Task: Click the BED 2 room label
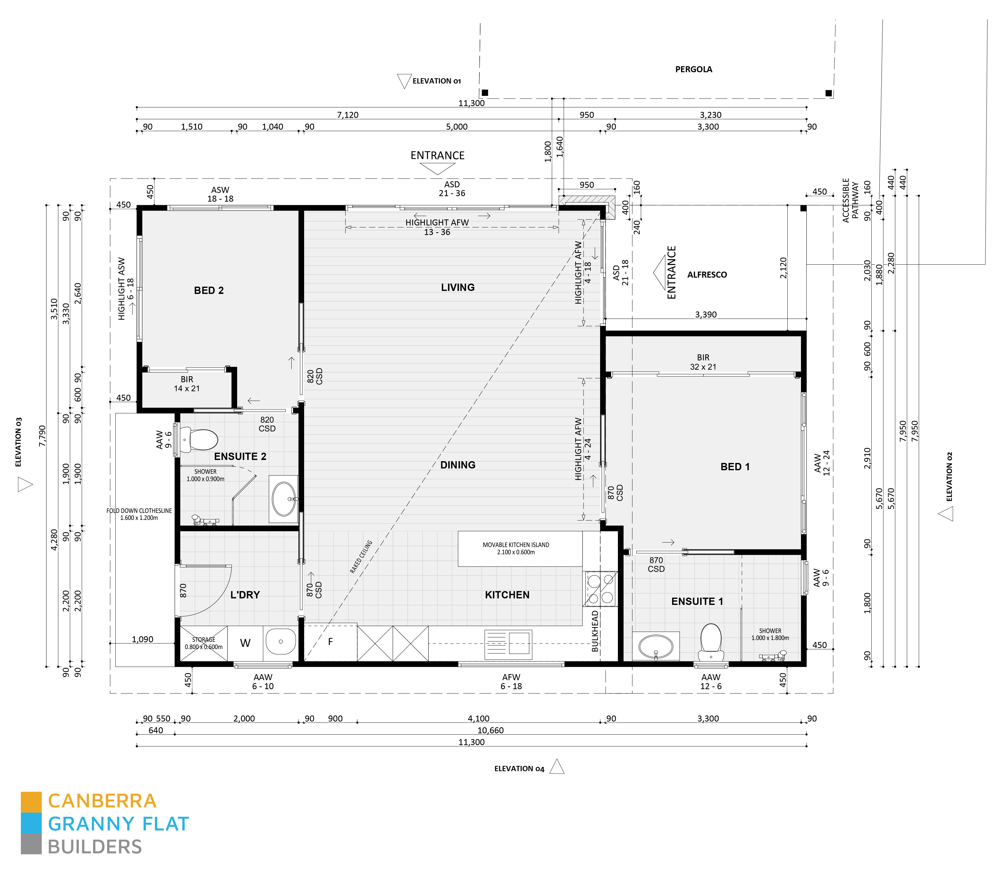click(208, 290)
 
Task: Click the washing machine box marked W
click(245, 643)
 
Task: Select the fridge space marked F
click(331, 642)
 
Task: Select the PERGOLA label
click(693, 69)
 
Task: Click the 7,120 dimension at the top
click(347, 115)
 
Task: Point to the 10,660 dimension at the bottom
click(490, 731)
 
